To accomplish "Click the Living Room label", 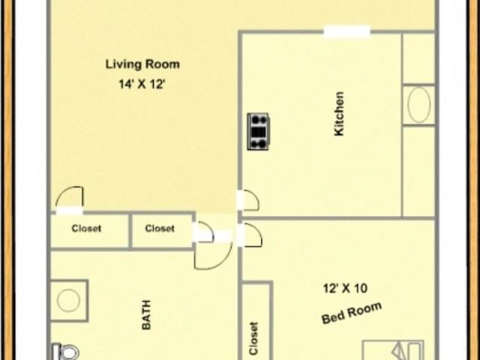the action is pos(142,64).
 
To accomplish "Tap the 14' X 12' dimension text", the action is pos(142,84).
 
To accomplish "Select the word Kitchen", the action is pos(339,113).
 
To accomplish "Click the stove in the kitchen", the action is pos(258,131).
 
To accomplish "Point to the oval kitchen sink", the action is pos(418,105).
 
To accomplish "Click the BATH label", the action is pos(147,315).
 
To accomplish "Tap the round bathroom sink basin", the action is pos(68,300).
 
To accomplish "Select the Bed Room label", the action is pos(352,313).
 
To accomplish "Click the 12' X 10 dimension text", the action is pos(345,288).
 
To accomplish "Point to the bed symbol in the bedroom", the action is pos(393,350).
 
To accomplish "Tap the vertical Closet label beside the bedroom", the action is pos(253,338).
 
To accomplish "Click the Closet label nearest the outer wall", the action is pos(86,228).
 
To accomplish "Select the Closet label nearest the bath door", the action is pos(160,228).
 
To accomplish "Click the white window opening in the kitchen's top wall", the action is pos(346,31).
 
